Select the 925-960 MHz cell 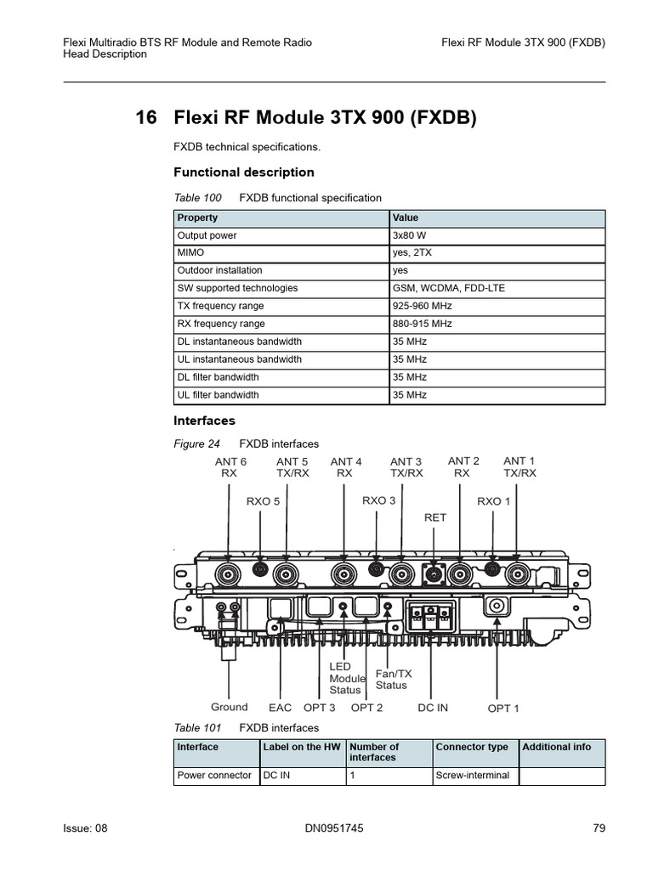[423, 306]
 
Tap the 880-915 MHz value [423, 324]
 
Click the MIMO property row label [190, 253]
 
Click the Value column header [406, 217]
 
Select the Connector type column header [472, 747]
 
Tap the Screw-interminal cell [472, 775]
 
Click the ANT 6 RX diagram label [230, 467]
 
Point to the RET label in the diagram [434, 517]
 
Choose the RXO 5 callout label [263, 501]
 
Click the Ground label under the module [229, 707]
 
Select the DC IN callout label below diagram [432, 708]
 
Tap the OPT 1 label [503, 709]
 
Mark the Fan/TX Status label [391, 679]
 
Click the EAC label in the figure [280, 708]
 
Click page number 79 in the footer [599, 828]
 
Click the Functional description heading [244, 172]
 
